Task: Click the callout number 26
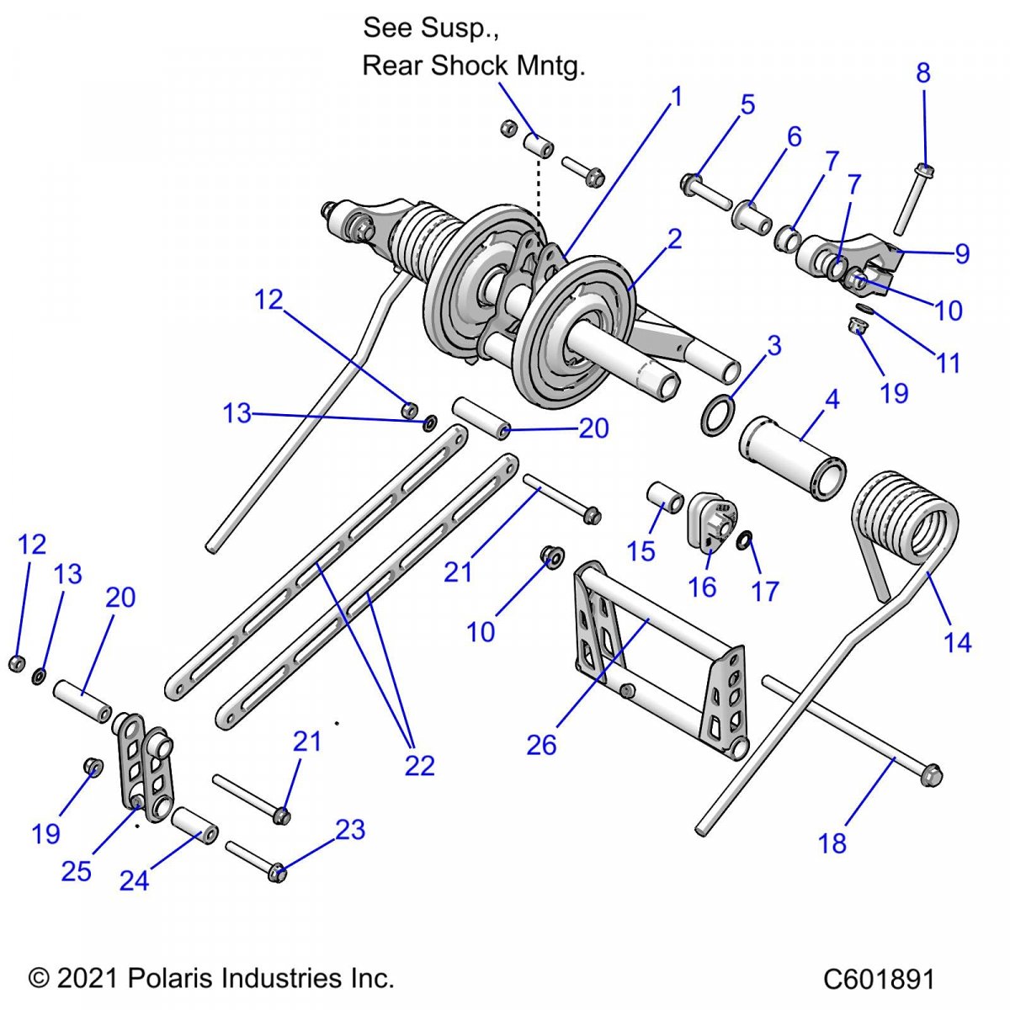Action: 541,744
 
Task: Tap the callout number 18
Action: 832,843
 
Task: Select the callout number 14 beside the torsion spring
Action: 957,643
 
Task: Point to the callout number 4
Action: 832,399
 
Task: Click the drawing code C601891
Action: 879,980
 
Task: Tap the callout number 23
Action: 350,830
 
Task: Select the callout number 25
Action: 76,871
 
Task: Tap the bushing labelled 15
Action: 664,497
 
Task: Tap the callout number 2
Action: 674,239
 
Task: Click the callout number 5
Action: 747,105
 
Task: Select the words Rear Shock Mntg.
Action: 473,66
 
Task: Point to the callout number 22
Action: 419,765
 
